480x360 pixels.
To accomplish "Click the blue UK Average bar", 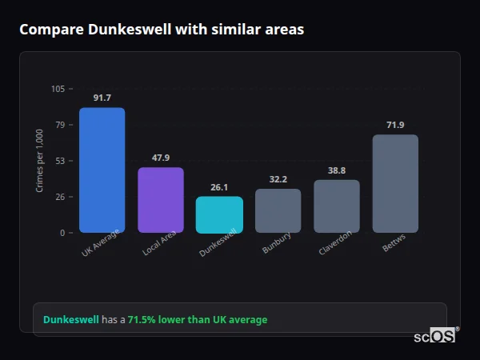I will point(102,170).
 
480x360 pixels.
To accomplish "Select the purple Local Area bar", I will point(161,200).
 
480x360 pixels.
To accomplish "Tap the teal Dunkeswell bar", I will point(219,214).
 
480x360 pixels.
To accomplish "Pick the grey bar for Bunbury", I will point(278,210).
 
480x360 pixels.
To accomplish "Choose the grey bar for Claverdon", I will point(337,206).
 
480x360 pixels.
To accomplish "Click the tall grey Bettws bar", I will point(395,183).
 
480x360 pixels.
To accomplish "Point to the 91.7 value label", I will point(102,98).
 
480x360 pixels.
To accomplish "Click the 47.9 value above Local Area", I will point(161,158).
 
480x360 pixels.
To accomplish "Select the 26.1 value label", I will point(219,187).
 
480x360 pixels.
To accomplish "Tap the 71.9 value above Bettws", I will point(395,125).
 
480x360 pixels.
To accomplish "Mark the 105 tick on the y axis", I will point(58,89).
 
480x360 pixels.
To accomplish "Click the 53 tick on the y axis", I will point(60,161).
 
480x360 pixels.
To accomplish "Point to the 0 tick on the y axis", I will point(62,233).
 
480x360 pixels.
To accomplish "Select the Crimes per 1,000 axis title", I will point(40,160).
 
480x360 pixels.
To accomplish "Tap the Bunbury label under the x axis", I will point(277,243).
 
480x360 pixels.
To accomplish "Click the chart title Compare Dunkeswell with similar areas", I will point(161,30).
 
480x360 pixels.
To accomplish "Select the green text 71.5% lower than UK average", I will point(198,320).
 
